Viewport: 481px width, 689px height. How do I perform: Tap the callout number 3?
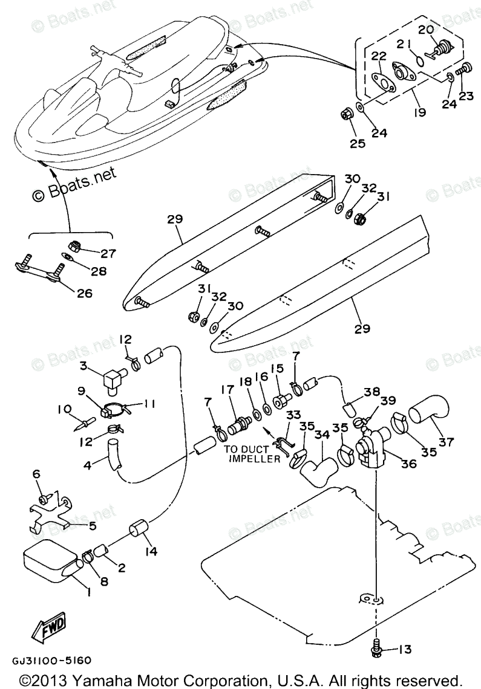pos(85,365)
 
